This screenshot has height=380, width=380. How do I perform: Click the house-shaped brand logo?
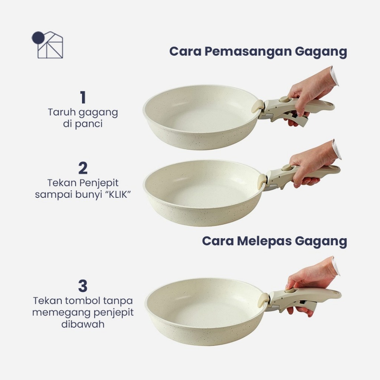tap(47, 45)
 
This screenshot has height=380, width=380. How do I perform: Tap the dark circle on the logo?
tap(37, 38)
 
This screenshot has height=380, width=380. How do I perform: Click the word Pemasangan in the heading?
tap(248, 52)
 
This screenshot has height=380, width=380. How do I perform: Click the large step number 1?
tap(83, 97)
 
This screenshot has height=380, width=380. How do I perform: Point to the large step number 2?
tap(83, 168)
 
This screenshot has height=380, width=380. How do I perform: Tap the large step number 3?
tap(83, 286)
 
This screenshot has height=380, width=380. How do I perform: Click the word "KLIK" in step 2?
tap(118, 194)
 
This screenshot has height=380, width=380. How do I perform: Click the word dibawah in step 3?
tap(83, 324)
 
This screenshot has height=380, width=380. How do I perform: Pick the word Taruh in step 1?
tap(62, 112)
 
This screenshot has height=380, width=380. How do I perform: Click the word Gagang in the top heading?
tap(321, 52)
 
